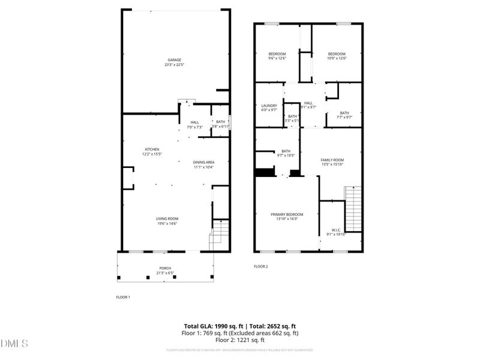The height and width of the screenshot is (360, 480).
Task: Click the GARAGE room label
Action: point(175,60)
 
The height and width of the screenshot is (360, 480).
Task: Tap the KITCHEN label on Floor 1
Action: point(152,149)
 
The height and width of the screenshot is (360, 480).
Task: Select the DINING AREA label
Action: point(204,162)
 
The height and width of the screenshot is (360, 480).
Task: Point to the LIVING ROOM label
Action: point(168,218)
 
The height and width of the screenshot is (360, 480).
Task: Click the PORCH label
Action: point(165,268)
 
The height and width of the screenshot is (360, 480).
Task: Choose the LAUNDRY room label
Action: point(269,105)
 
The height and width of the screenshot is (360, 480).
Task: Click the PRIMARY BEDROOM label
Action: point(287,214)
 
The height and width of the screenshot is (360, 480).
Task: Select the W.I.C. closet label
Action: point(335,229)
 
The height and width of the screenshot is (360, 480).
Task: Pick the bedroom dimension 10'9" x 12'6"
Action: point(337,58)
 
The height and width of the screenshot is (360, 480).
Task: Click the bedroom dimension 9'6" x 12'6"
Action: point(277,58)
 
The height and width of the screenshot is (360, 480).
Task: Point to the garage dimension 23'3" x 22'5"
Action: point(175,65)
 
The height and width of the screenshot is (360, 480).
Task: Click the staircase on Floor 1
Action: point(220,235)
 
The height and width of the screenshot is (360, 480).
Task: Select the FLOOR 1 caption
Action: point(123,297)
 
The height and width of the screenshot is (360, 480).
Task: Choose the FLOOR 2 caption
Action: point(260,266)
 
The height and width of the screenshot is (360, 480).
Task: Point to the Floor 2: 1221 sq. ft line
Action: point(239,340)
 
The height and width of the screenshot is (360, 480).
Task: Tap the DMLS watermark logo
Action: point(15,344)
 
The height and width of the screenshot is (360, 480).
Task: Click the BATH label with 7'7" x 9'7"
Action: point(344,113)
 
